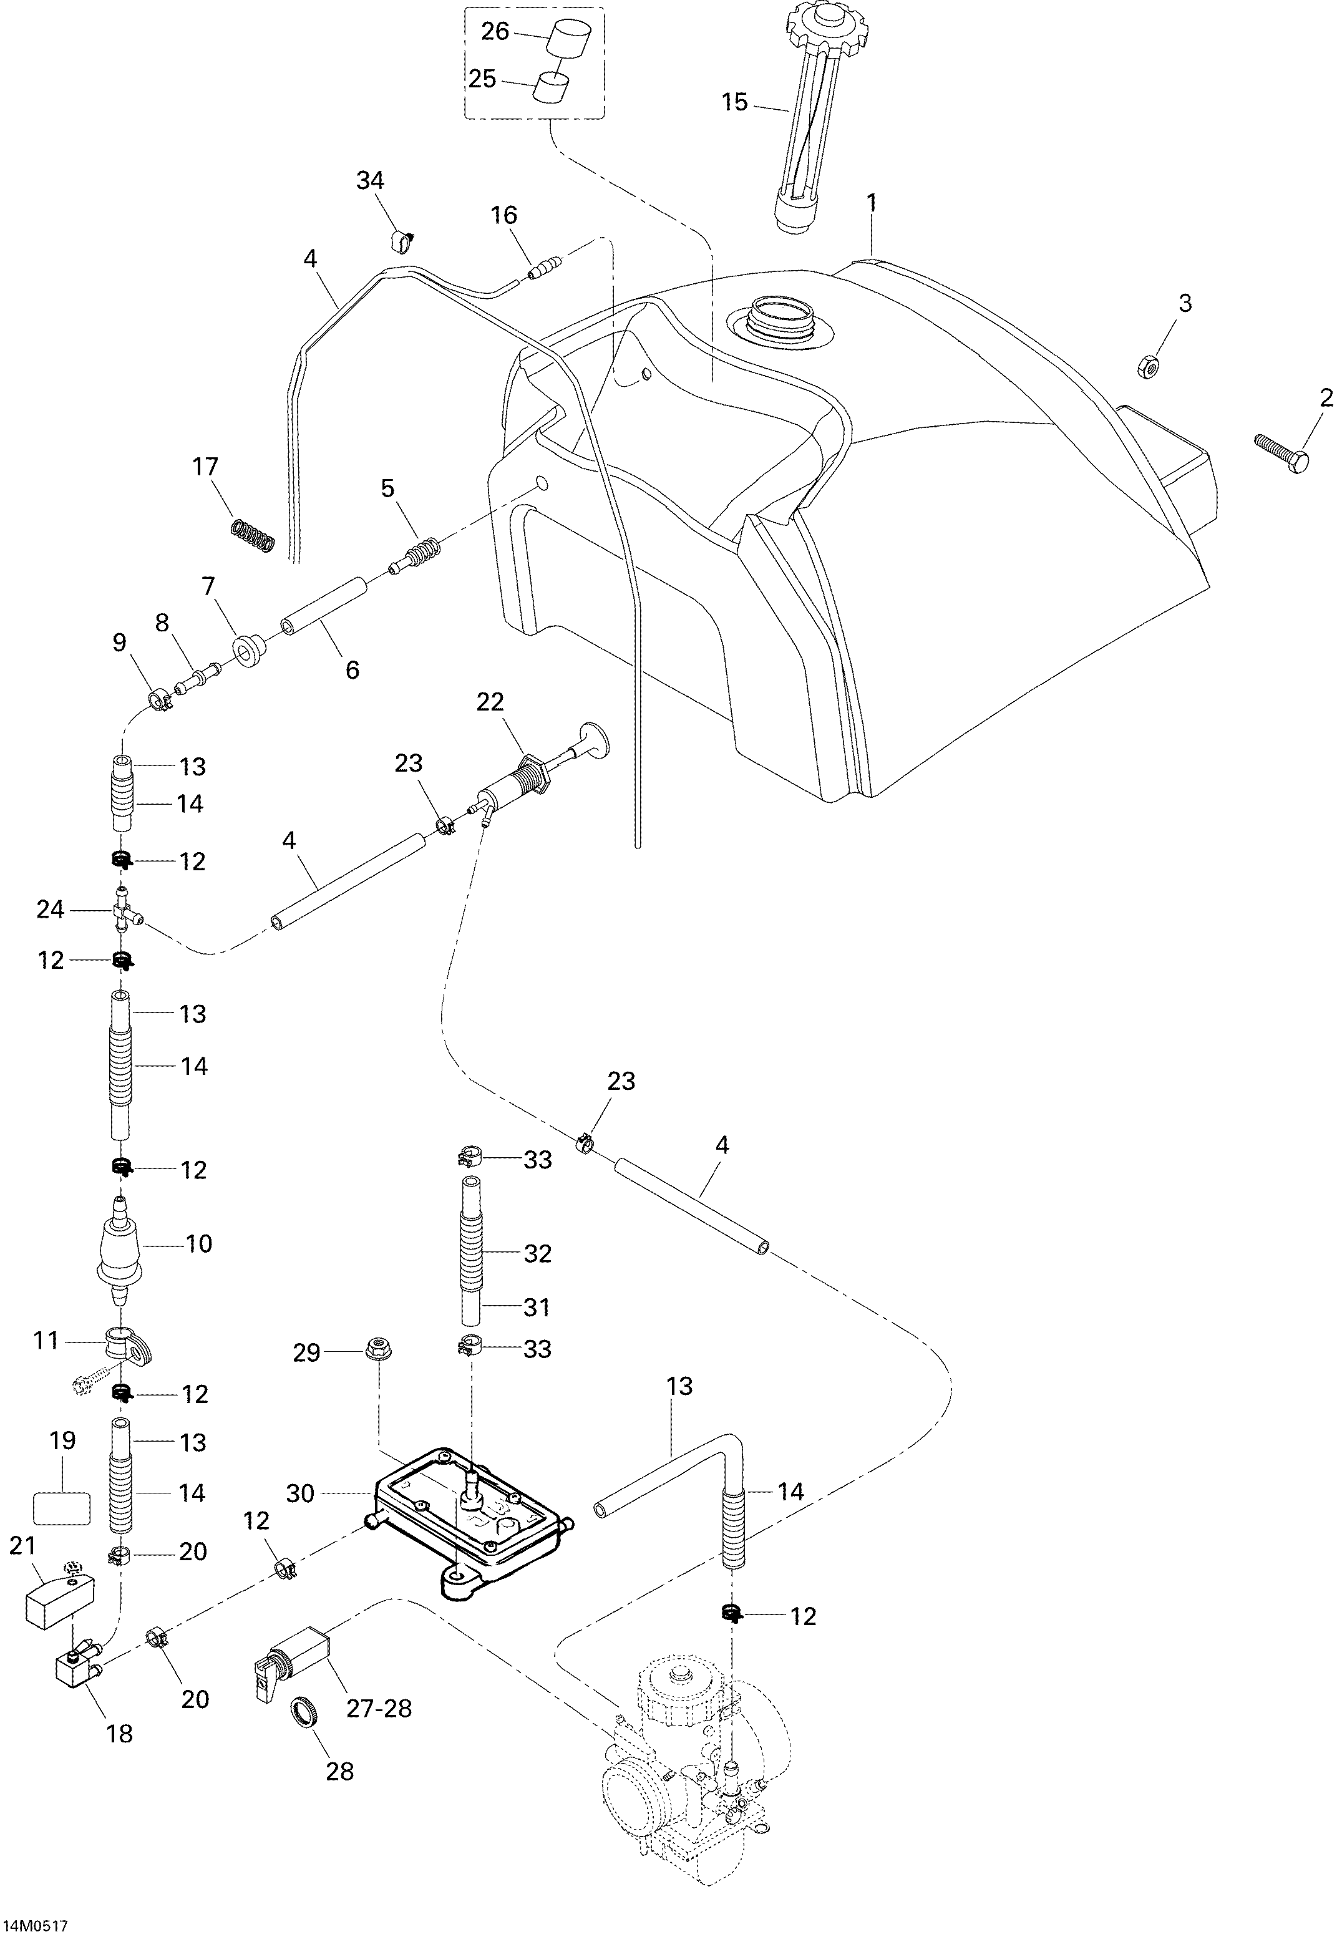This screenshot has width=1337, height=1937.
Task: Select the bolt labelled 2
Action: point(1281,454)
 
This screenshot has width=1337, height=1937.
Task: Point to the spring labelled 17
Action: point(253,536)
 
